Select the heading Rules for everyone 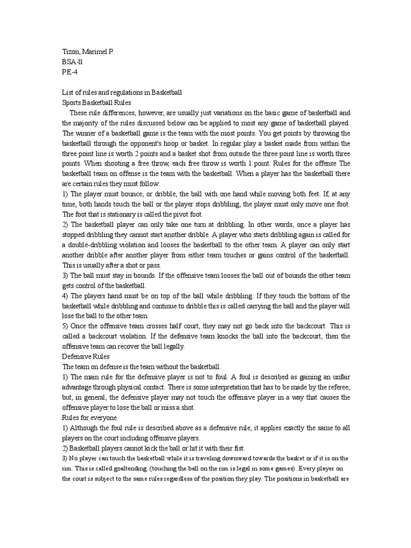click(89, 417)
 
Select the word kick click(158, 448)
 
